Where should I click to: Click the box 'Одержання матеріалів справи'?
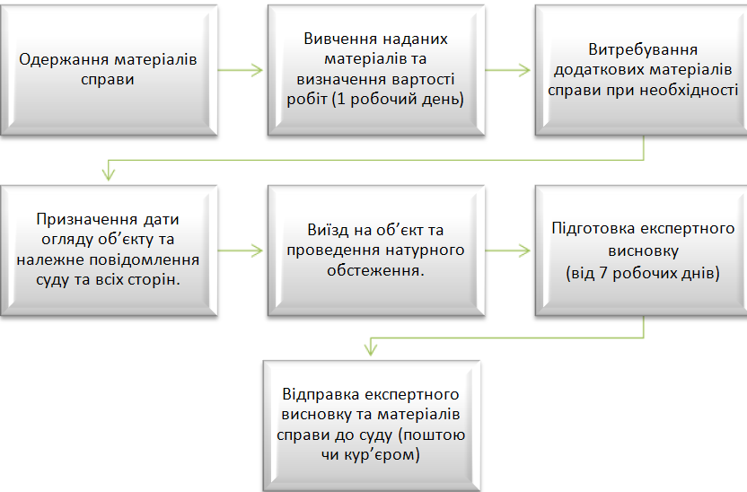click(x=110, y=70)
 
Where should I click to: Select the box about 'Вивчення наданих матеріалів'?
click(x=376, y=70)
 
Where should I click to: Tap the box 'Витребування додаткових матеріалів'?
click(x=641, y=70)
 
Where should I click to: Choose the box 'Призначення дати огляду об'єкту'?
click(x=110, y=250)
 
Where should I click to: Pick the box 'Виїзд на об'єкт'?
click(x=376, y=250)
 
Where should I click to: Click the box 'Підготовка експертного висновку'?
click(x=641, y=250)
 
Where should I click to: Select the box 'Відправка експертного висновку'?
click(x=372, y=426)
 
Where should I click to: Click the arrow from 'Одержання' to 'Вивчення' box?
click(x=240, y=70)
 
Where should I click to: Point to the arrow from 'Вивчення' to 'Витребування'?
click(x=507, y=70)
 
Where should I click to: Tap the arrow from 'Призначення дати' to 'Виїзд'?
click(x=240, y=250)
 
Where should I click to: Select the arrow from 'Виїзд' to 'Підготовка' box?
click(x=507, y=250)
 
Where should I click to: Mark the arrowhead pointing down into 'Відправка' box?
click(x=371, y=349)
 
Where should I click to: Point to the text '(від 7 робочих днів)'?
click(x=643, y=274)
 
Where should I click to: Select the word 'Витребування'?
click(x=643, y=49)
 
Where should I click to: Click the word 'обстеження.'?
click(x=375, y=270)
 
